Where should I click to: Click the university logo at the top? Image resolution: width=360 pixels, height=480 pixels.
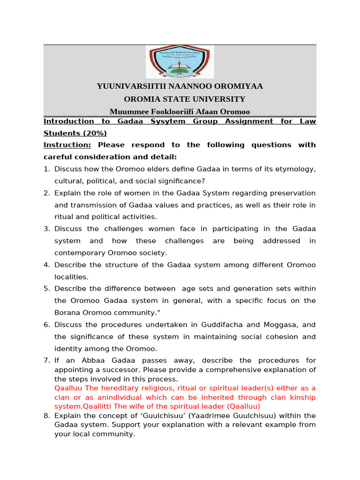pyautogui.click(x=180, y=61)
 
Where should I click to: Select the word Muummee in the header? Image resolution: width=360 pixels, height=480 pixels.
pyautogui.click(x=126, y=112)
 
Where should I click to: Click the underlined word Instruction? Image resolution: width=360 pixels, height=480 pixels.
pyautogui.click(x=67, y=145)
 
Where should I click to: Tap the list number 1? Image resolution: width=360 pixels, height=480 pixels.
pyautogui.click(x=46, y=169)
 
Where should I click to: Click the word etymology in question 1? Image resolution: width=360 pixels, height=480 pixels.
pyautogui.click(x=294, y=169)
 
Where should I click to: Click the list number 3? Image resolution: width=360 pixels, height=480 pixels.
pyautogui.click(x=46, y=229)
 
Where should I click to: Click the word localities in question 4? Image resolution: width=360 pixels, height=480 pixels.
pyautogui.click(x=70, y=277)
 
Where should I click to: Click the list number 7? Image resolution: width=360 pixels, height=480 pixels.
pyautogui.click(x=46, y=360)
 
